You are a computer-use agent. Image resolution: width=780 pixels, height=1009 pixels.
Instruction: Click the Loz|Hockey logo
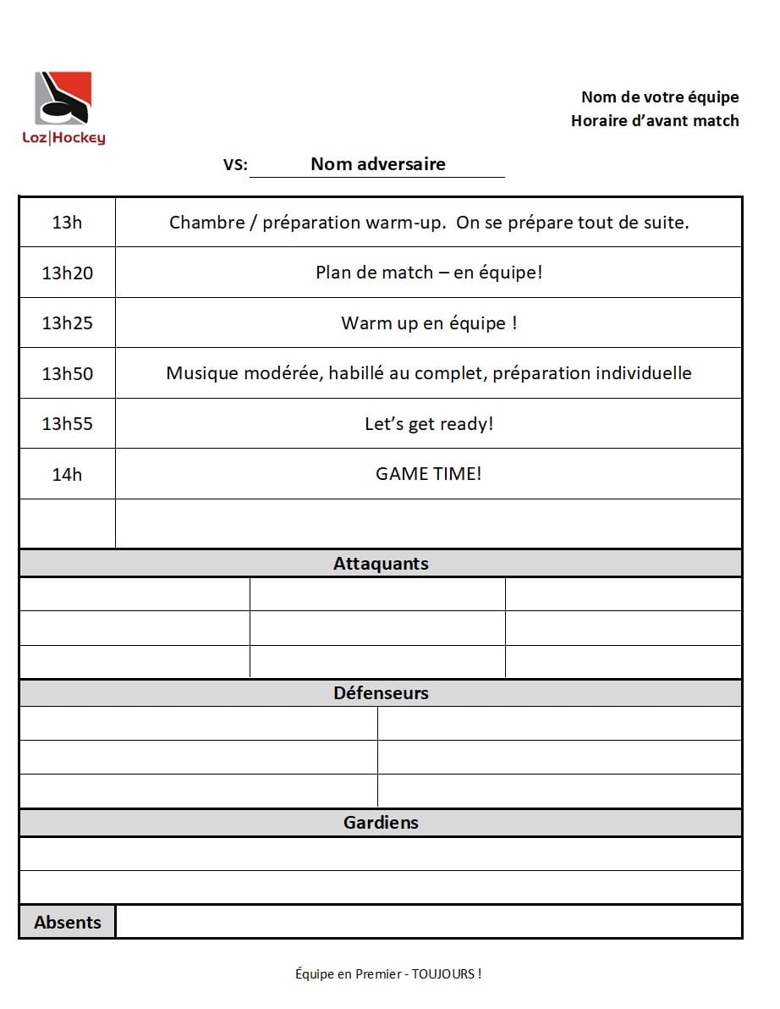pos(63,108)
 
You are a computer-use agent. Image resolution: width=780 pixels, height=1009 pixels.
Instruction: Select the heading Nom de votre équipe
pos(659,97)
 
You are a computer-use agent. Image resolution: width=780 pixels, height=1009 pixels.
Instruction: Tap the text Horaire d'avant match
pos(654,120)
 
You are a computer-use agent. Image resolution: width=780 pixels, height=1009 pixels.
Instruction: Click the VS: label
pos(235,165)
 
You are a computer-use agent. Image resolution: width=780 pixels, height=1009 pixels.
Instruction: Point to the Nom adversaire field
pos(377,164)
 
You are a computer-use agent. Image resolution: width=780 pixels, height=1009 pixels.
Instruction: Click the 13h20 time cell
pos(67,273)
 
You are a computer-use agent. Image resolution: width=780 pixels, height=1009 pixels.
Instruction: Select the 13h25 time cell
pos(67,323)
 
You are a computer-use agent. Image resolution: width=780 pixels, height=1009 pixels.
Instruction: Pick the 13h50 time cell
pos(67,373)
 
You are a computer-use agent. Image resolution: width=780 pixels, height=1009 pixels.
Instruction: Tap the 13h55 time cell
pos(67,423)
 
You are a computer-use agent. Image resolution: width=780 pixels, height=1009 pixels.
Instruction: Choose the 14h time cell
pos(67,474)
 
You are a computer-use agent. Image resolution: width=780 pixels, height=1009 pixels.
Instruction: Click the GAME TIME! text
pos(428,473)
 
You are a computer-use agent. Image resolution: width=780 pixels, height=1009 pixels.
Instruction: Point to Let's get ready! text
pos(428,423)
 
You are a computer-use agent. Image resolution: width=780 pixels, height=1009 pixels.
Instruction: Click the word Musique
pos(200,373)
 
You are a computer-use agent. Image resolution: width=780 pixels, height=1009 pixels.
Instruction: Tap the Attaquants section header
pos(381,564)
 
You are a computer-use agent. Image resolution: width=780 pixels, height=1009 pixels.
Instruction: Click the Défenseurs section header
pos(381,693)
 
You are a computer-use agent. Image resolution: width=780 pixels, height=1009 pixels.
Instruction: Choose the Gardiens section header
pos(381,823)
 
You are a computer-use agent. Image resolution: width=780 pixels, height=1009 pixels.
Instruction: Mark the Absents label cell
pos(67,923)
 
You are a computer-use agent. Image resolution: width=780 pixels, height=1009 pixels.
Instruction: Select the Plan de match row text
pos(428,273)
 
